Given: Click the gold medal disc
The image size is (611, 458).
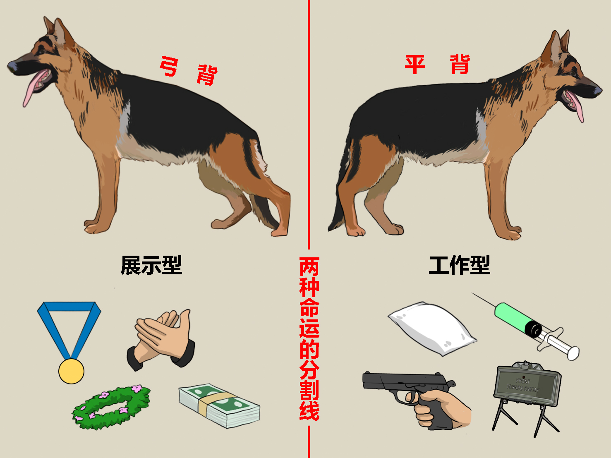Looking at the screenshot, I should (x=71, y=371).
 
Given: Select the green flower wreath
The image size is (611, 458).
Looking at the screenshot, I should (x=111, y=407).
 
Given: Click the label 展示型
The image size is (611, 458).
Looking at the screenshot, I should (x=151, y=265).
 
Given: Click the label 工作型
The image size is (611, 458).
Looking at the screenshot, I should (x=460, y=265).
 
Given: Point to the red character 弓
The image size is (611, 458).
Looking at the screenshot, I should (x=170, y=66).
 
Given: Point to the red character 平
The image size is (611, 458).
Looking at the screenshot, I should (x=415, y=65).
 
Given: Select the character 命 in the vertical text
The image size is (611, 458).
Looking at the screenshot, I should (x=309, y=308).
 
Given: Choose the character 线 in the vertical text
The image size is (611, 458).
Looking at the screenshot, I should (x=309, y=410).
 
